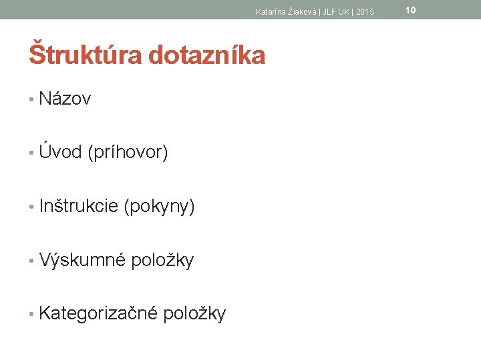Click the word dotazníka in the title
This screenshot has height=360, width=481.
click(207, 55)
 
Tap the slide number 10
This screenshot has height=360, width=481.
click(411, 9)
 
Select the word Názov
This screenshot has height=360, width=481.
click(65, 99)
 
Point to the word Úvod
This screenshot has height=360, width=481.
click(60, 152)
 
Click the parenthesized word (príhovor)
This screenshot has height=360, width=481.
click(128, 153)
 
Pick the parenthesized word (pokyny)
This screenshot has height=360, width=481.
click(160, 207)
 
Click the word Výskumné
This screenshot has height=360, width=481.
click(82, 259)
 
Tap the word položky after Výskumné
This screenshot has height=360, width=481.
click(162, 260)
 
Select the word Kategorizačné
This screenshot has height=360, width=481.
click(98, 313)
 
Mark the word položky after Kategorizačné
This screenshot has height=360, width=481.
click(194, 313)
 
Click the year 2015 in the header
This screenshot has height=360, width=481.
click(365, 11)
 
